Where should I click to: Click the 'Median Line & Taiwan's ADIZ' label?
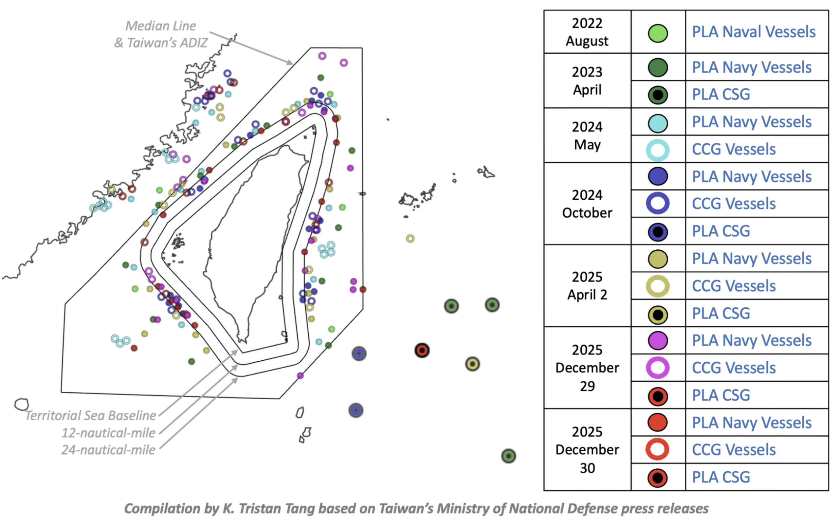pyautogui.click(x=160, y=34)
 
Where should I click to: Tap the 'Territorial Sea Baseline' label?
pyautogui.click(x=91, y=416)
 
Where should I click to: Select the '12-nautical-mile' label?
pyautogui.click(x=108, y=433)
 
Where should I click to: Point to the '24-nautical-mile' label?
pyautogui.click(x=108, y=450)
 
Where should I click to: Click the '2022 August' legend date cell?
pyautogui.click(x=587, y=32)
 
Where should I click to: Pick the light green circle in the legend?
pyautogui.click(x=657, y=33)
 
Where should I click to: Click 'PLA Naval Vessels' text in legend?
pyautogui.click(x=754, y=32)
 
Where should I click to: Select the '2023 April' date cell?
pyautogui.click(x=587, y=81)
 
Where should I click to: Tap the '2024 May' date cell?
pyautogui.click(x=587, y=136)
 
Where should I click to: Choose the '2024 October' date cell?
pyautogui.click(x=587, y=204)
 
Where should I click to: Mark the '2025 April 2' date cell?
pyautogui.click(x=587, y=286)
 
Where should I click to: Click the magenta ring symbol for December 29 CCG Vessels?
pyautogui.click(x=657, y=368)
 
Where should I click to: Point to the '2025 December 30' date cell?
pyautogui.click(x=587, y=450)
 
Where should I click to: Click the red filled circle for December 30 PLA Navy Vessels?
pyautogui.click(x=657, y=423)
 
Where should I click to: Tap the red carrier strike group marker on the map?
pyautogui.click(x=422, y=351)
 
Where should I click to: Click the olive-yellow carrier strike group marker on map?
pyautogui.click(x=472, y=364)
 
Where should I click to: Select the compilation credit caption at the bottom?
pyautogui.click(x=416, y=508)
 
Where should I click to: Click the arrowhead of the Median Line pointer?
pyautogui.click(x=290, y=63)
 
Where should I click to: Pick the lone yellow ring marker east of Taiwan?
pyautogui.click(x=410, y=238)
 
